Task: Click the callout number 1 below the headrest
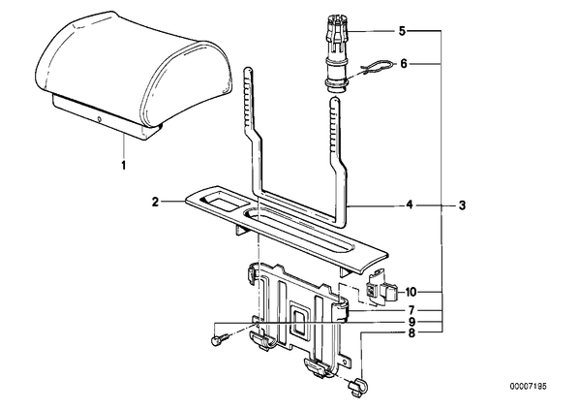(124, 165)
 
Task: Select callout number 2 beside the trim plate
(156, 202)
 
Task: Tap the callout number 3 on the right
(462, 205)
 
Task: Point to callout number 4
(410, 205)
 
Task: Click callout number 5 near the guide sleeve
(402, 31)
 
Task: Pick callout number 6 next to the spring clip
(404, 64)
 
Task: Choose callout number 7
(411, 310)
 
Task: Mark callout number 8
(411, 333)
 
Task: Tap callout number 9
(411, 322)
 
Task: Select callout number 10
(411, 293)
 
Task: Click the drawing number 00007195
(528, 387)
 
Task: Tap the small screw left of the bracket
(218, 339)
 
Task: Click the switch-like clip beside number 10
(381, 289)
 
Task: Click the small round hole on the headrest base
(99, 119)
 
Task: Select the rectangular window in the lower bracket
(300, 320)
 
